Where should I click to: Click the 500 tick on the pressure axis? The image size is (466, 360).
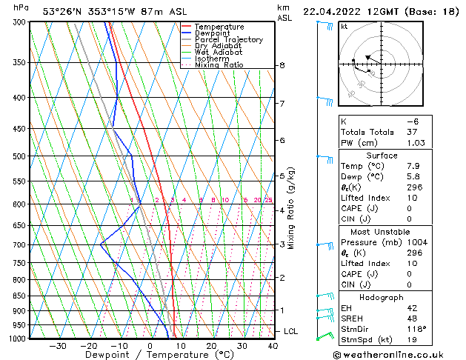click(x=16, y=156)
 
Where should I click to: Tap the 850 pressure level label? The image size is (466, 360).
click(x=16, y=296)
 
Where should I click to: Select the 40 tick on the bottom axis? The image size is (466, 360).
click(x=273, y=346)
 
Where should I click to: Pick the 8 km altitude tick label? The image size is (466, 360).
click(x=282, y=65)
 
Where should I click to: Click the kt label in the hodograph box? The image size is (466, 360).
click(x=344, y=26)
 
